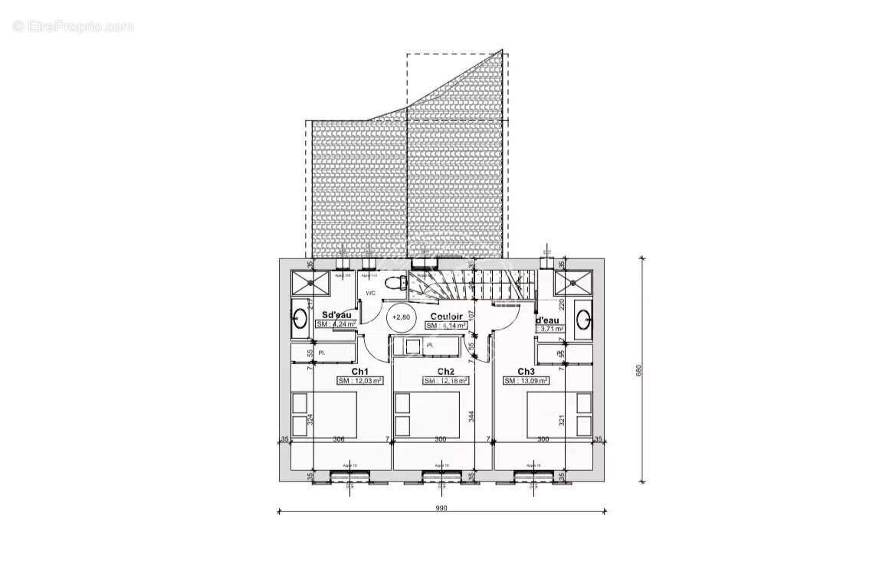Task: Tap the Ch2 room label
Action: tap(446, 372)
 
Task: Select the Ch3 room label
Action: tap(526, 372)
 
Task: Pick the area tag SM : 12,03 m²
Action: tap(359, 380)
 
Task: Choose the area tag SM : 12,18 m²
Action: tap(446, 380)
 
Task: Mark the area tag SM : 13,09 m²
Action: tap(526, 380)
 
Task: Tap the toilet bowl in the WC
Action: tap(395, 283)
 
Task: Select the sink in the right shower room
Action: tap(582, 317)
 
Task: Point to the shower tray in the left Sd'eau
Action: tap(310, 281)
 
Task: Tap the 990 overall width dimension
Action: tap(441, 508)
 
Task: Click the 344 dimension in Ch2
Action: tap(472, 416)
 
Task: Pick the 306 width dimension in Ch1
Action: tap(338, 439)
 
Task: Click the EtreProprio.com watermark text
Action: tap(74, 26)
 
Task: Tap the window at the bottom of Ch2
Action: tap(441, 476)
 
